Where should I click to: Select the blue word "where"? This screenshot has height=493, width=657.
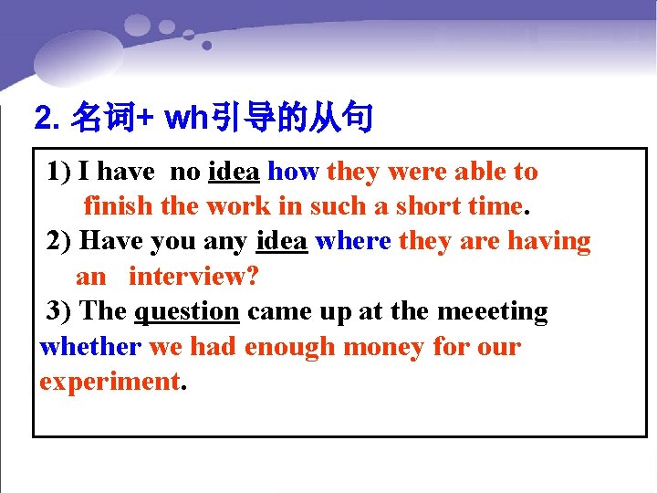pos(353,241)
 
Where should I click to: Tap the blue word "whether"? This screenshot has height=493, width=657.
pos(90,347)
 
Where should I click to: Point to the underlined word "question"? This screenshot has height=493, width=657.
pos(186,311)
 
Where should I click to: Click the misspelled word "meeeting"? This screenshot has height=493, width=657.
pos(493,311)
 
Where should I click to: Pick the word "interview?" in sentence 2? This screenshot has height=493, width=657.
pos(187,276)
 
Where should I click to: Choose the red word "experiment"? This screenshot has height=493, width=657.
pos(109,382)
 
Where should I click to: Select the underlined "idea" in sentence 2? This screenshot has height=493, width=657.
pos(282,241)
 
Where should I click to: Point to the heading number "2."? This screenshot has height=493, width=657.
pos(47,118)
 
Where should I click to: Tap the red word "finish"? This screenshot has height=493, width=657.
pos(118,206)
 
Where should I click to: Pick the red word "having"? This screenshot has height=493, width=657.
pos(548,241)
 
